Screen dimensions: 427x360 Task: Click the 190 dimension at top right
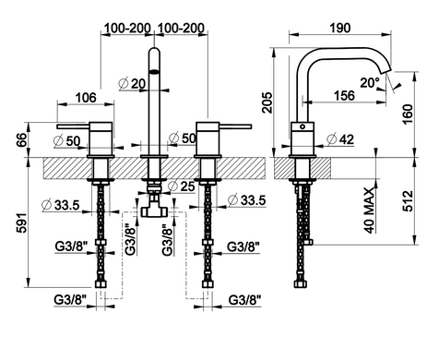pyautogui.click(x=340, y=28)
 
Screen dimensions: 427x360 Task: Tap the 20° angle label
pyautogui.click(x=370, y=82)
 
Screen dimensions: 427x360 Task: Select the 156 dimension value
pyautogui.click(x=344, y=95)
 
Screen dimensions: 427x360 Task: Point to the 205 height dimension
pyautogui.click(x=267, y=102)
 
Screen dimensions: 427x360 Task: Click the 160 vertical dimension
pyautogui.click(x=408, y=114)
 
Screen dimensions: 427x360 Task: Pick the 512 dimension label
pyautogui.click(x=408, y=201)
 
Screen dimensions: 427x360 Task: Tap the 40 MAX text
pyautogui.click(x=369, y=210)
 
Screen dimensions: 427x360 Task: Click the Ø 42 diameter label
pyautogui.click(x=340, y=139)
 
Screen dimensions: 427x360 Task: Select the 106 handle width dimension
pyautogui.click(x=86, y=98)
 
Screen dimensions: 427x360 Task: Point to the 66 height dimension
pyautogui.click(x=22, y=140)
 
